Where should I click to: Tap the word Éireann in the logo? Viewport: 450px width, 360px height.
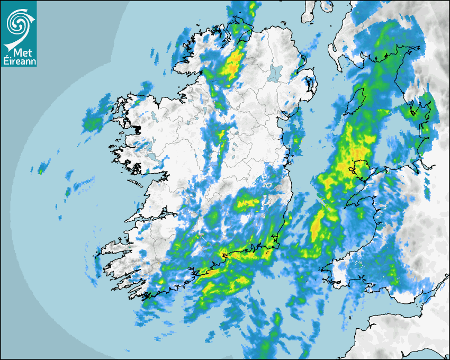19,61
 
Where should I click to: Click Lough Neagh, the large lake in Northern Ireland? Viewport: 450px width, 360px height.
275,72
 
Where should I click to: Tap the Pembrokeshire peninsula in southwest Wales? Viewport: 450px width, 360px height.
339,267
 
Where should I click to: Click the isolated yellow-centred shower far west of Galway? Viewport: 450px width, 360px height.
40,171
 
